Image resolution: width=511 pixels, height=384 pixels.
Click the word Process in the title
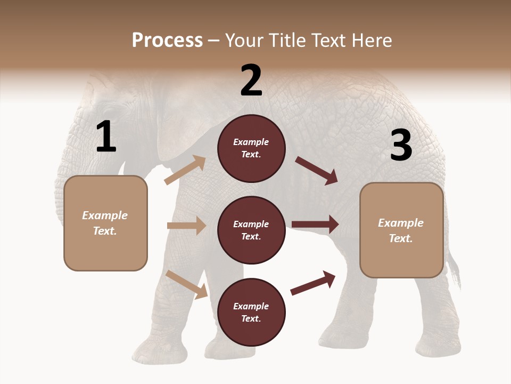point(167,41)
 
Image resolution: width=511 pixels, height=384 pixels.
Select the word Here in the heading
point(370,41)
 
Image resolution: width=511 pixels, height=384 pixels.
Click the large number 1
point(106,137)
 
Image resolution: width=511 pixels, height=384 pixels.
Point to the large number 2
point(251,81)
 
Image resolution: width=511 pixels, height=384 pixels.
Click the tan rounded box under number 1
point(105,223)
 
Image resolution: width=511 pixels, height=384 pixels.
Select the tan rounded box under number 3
point(401,230)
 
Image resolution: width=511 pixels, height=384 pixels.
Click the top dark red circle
point(251,148)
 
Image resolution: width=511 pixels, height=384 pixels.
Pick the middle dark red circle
point(251,230)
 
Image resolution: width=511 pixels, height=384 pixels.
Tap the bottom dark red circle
point(251,313)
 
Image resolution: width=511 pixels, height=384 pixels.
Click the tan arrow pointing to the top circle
point(185,170)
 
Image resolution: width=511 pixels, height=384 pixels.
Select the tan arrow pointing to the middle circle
point(186,226)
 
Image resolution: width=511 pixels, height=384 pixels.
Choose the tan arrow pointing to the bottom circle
point(187,284)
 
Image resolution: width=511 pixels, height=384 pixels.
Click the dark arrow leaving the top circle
point(316,171)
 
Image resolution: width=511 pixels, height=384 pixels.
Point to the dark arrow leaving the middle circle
point(315,225)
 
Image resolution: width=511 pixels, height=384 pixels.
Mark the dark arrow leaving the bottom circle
point(313,283)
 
